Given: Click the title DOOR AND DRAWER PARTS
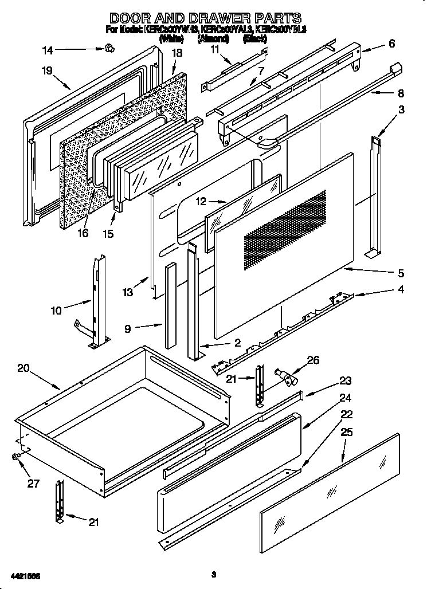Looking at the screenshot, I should pyautogui.click(x=205, y=18).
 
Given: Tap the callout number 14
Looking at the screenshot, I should pyautogui.click(x=48, y=50).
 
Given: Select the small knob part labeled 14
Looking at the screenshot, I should pyautogui.click(x=108, y=50).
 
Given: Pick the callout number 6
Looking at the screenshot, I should pyautogui.click(x=391, y=44).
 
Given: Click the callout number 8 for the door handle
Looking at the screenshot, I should pyautogui.click(x=401, y=93).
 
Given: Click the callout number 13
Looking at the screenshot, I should pyautogui.click(x=127, y=292).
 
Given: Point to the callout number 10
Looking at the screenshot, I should pyautogui.click(x=56, y=311).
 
